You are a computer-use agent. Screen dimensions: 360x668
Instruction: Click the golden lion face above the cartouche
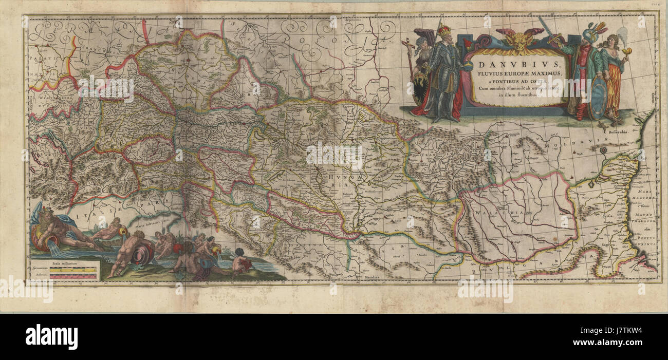coord(519,41)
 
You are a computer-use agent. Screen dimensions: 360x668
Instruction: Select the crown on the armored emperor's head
coord(443,30)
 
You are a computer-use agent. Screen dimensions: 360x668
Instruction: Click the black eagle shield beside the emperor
coord(421,88)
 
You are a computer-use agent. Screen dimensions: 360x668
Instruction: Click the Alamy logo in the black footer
coord(51,337)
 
